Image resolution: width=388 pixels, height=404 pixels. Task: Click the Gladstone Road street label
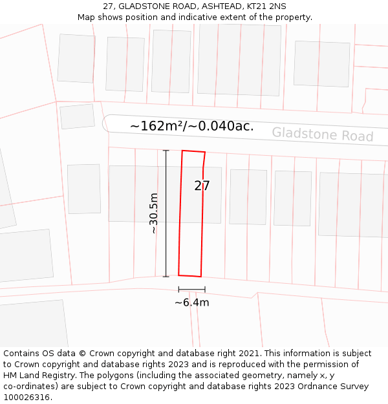click(x=322, y=134)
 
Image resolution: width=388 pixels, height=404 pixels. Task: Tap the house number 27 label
click(x=202, y=186)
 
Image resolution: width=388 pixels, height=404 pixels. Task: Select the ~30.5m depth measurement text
click(x=153, y=213)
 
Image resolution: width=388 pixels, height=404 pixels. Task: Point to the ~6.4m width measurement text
click(x=191, y=302)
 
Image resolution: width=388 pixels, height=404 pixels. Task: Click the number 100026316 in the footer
click(x=25, y=397)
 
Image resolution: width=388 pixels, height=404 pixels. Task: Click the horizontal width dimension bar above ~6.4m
click(x=191, y=290)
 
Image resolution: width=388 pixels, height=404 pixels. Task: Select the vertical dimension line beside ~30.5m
click(x=166, y=213)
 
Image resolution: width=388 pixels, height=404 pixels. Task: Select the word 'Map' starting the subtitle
click(x=87, y=17)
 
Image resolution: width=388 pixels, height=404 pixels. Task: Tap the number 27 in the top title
click(x=108, y=6)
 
